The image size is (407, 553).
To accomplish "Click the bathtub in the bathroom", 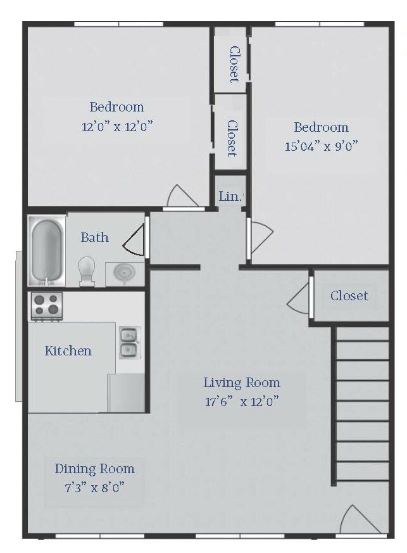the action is (x=47, y=251).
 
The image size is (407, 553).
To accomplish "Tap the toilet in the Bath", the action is (x=87, y=271).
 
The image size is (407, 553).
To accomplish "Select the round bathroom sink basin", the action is (x=125, y=272).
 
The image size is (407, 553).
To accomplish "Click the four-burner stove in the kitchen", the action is (x=47, y=306).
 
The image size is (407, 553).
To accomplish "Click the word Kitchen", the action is (x=68, y=350).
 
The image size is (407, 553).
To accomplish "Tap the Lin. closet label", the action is (x=230, y=196).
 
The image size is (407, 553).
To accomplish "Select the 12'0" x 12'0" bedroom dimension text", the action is (x=117, y=126).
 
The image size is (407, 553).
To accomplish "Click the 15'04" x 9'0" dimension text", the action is (x=321, y=146).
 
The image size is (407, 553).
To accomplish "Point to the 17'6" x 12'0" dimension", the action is (x=242, y=402).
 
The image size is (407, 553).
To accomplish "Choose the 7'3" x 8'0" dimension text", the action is (x=94, y=488).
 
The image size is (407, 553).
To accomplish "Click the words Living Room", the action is (x=242, y=383).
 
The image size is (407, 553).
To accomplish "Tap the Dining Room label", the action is (x=94, y=469).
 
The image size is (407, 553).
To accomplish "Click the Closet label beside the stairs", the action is (x=349, y=296).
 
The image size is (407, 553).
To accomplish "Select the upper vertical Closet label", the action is (x=234, y=64).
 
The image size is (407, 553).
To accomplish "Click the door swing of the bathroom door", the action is (x=134, y=240).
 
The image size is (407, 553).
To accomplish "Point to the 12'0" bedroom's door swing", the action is (x=182, y=196).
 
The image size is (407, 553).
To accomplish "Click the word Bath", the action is (x=94, y=238).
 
